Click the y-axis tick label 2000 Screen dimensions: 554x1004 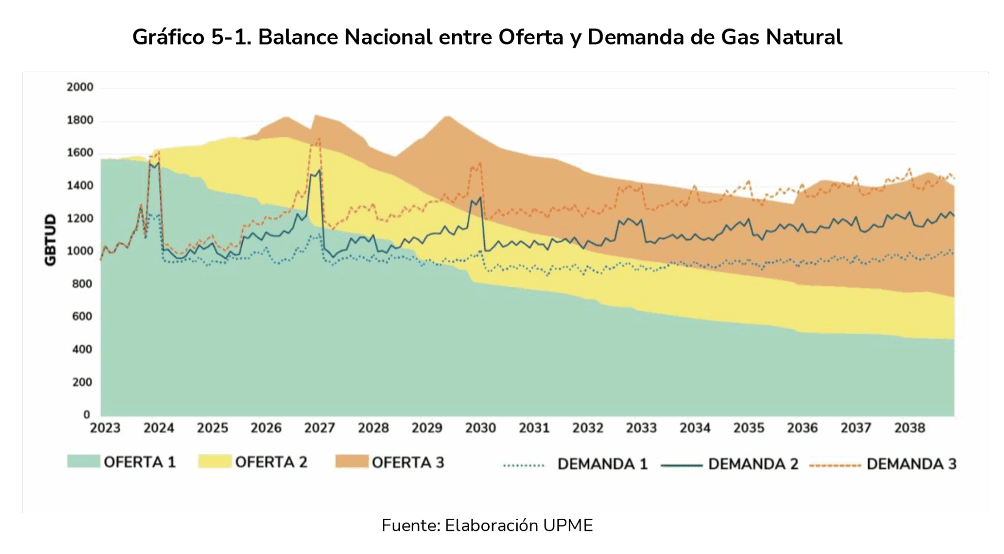pos(80,87)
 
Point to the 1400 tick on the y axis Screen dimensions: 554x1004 pos(80,186)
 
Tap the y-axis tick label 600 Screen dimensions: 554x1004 pos(82,317)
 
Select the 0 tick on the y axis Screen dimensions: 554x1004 pos(87,415)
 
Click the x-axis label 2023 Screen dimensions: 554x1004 pos(105,428)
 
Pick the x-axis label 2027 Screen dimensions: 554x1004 pos(320,428)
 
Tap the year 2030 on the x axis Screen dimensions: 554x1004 pos(480,428)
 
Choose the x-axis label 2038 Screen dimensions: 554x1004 pos(909,428)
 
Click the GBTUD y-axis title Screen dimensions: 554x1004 pos(50,240)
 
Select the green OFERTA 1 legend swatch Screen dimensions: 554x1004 pos(83,461)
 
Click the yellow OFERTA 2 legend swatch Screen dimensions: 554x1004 pos(215,461)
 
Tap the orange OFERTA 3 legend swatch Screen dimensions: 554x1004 pos(351,461)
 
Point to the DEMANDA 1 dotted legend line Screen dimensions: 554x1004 pos(524,464)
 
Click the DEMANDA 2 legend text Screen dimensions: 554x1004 pos(753,464)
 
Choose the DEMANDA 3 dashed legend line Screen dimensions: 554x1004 pos(835,464)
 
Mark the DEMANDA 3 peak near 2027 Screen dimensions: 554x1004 pos(319,138)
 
